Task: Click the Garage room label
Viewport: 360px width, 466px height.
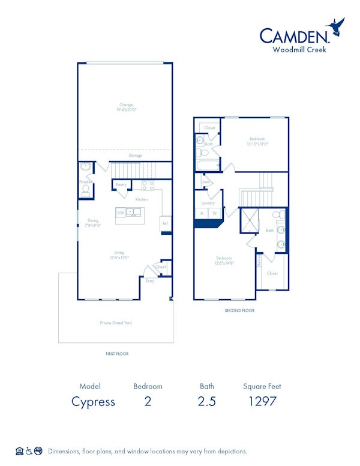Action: (126, 107)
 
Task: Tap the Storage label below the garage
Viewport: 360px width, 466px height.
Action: (135, 156)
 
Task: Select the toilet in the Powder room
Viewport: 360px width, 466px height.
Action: (86, 190)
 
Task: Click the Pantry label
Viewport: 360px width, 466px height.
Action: (121, 185)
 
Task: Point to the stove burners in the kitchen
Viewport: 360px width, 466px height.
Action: (147, 185)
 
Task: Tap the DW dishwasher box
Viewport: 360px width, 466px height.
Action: (121, 213)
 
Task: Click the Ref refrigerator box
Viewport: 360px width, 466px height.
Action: (164, 223)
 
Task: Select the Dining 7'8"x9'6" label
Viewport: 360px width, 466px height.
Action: (92, 223)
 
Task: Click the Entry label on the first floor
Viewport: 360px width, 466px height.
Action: (150, 280)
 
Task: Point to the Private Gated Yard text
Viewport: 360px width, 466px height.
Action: (116, 323)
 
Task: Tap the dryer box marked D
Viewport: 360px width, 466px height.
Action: (202, 213)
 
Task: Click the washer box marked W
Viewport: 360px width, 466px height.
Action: (214, 213)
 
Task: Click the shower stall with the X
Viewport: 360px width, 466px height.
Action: (248, 221)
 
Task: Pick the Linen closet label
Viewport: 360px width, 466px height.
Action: (206, 181)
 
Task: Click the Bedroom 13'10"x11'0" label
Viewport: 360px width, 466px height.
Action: (257, 141)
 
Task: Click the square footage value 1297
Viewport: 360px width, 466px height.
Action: (262, 402)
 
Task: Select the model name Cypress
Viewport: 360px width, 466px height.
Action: (94, 402)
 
